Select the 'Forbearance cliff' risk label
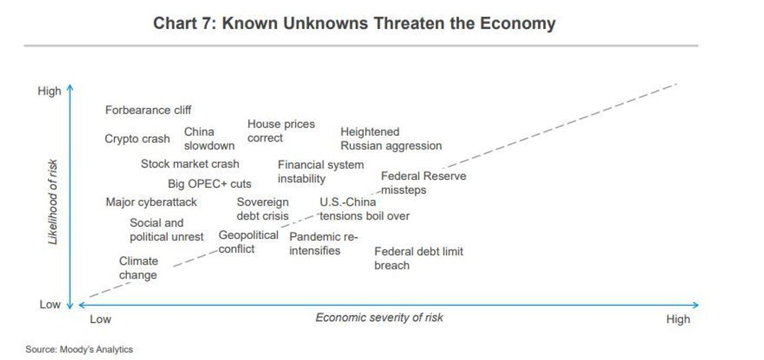[x=148, y=110]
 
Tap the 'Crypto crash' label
[x=138, y=139]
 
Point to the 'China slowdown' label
[x=209, y=139]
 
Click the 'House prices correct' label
[x=281, y=131]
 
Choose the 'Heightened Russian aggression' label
[x=391, y=139]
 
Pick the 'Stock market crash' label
[x=190, y=163]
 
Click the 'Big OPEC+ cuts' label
[x=210, y=184]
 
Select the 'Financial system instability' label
[x=321, y=172]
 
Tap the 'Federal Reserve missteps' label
[x=423, y=183]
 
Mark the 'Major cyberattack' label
[x=151, y=202]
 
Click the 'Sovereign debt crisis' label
[x=263, y=209]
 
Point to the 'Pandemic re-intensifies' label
[x=323, y=244]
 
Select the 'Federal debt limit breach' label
[x=419, y=258]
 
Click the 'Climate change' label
[x=138, y=268]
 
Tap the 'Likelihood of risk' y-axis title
[x=53, y=202]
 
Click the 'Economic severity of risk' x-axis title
[x=379, y=318]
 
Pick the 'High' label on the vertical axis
[x=49, y=91]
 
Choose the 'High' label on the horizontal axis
[x=678, y=319]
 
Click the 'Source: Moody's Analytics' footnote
[x=79, y=349]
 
